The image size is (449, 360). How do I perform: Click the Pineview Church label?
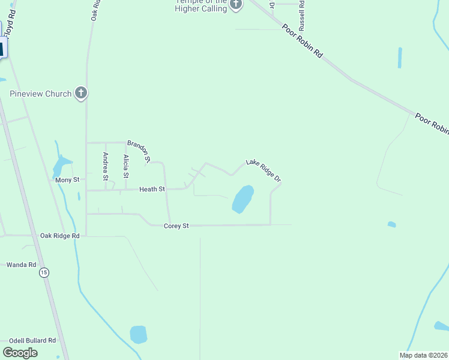tap(41, 94)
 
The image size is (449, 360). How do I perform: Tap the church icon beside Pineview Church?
tap(82, 94)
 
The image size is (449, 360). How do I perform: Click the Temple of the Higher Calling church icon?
tap(236, 5)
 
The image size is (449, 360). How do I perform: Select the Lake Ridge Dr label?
tap(263, 170)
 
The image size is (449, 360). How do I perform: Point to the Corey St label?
tap(176, 226)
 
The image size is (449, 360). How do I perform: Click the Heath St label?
tap(152, 189)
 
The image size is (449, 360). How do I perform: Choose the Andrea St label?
tap(106, 166)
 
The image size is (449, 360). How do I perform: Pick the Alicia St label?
tap(126, 167)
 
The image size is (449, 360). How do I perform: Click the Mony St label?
tap(67, 180)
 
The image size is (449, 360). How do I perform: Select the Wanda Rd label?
tap(21, 264)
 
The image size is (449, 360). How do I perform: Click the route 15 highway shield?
tap(44, 273)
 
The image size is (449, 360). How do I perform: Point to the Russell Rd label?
tap(303, 15)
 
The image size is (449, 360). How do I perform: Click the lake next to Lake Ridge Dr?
tap(243, 199)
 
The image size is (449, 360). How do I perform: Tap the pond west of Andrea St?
tap(61, 165)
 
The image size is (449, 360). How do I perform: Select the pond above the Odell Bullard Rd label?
tap(139, 334)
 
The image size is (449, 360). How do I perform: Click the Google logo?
tap(20, 353)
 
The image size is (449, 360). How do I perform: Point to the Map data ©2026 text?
tap(423, 355)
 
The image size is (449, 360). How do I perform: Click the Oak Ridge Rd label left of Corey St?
tap(59, 236)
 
